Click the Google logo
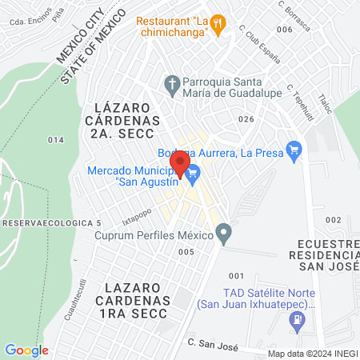(x=26, y=350)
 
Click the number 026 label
(x=246, y=118)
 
